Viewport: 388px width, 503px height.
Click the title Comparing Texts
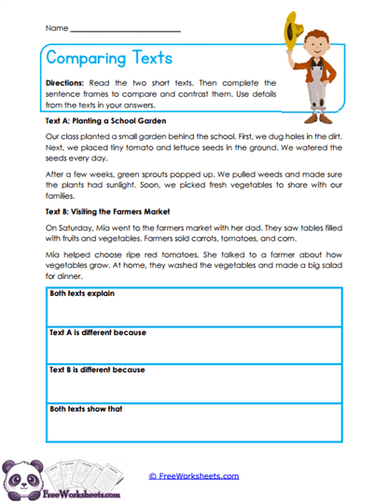coord(109,58)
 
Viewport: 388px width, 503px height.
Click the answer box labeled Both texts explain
coord(193,308)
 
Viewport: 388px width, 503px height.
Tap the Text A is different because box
coord(193,345)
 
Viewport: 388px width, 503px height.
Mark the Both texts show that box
coord(193,422)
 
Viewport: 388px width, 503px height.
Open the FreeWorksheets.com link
coord(193,476)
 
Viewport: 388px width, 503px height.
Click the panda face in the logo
coord(21,471)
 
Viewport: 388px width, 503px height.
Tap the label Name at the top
coord(55,30)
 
